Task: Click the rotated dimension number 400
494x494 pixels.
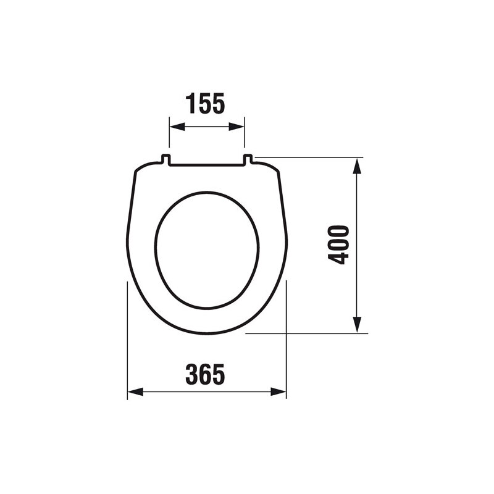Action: (x=339, y=245)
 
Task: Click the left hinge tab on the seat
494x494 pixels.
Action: (x=165, y=160)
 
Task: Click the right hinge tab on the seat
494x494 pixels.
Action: (x=248, y=160)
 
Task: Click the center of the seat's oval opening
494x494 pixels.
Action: (x=206, y=250)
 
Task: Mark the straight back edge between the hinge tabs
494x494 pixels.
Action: (x=207, y=165)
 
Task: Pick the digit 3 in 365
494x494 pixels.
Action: (x=192, y=374)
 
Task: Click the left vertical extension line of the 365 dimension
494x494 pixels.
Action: (x=127, y=340)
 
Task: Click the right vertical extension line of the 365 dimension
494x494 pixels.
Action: (x=287, y=340)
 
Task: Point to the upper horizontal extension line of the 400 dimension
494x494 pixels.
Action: (x=309, y=157)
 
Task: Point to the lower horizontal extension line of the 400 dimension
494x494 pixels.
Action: (x=309, y=333)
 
